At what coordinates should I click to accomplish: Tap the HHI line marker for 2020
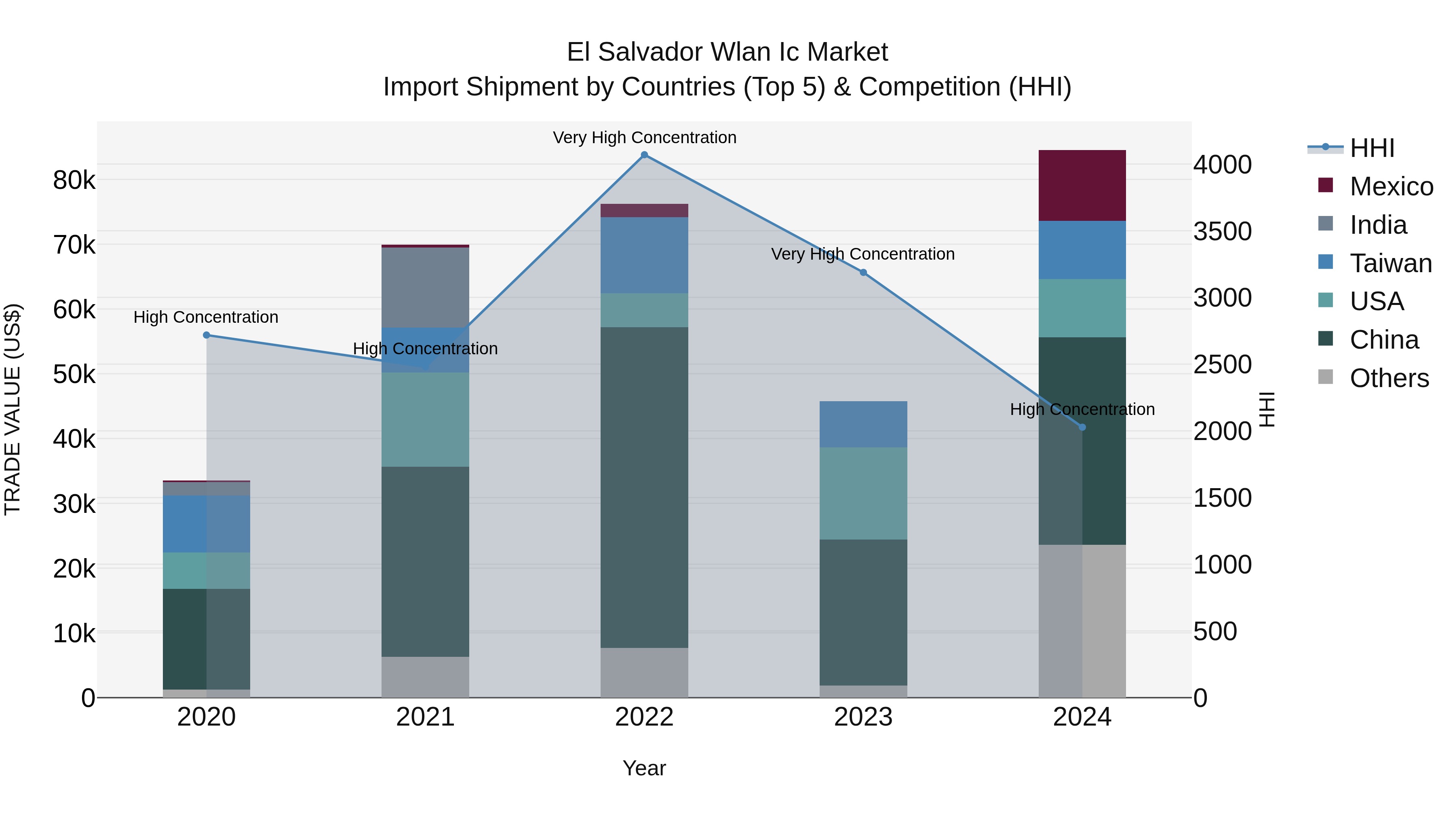tap(206, 335)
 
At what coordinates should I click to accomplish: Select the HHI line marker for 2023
tap(863, 273)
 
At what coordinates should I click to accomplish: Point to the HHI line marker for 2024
tap(1082, 427)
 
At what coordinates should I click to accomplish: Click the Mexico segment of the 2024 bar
tap(1082, 185)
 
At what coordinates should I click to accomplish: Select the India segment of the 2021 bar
tap(425, 287)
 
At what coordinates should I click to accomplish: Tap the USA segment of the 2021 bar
tap(425, 419)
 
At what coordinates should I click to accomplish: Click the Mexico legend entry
tap(1391, 186)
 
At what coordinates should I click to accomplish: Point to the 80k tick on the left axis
tap(74, 180)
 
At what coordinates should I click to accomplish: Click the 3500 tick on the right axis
tap(1222, 231)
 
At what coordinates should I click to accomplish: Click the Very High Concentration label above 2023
tap(863, 254)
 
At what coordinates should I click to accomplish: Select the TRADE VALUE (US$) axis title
tap(13, 409)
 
